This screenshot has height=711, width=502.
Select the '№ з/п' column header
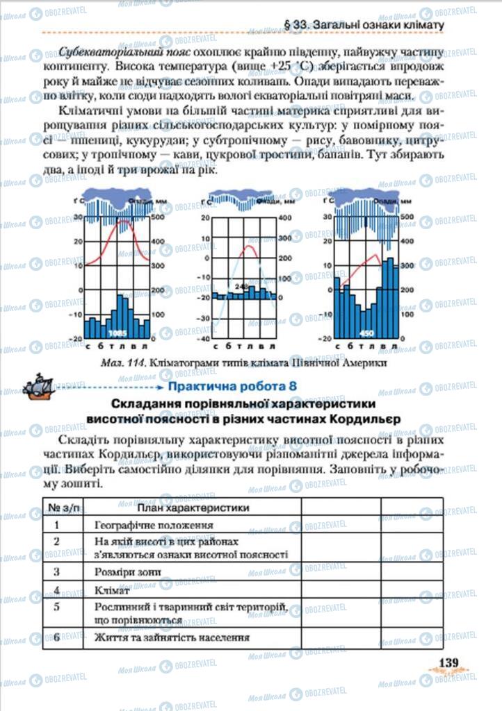tap(56, 508)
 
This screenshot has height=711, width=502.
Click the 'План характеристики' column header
tap(192, 508)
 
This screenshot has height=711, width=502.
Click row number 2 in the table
tap(56, 541)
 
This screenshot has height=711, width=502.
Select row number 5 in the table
tap(56, 607)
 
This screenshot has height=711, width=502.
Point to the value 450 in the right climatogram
tap(366, 333)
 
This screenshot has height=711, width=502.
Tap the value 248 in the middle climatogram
tap(241, 286)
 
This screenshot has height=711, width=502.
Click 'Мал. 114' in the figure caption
tap(102, 361)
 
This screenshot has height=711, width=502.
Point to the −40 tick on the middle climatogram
tap(204, 339)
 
